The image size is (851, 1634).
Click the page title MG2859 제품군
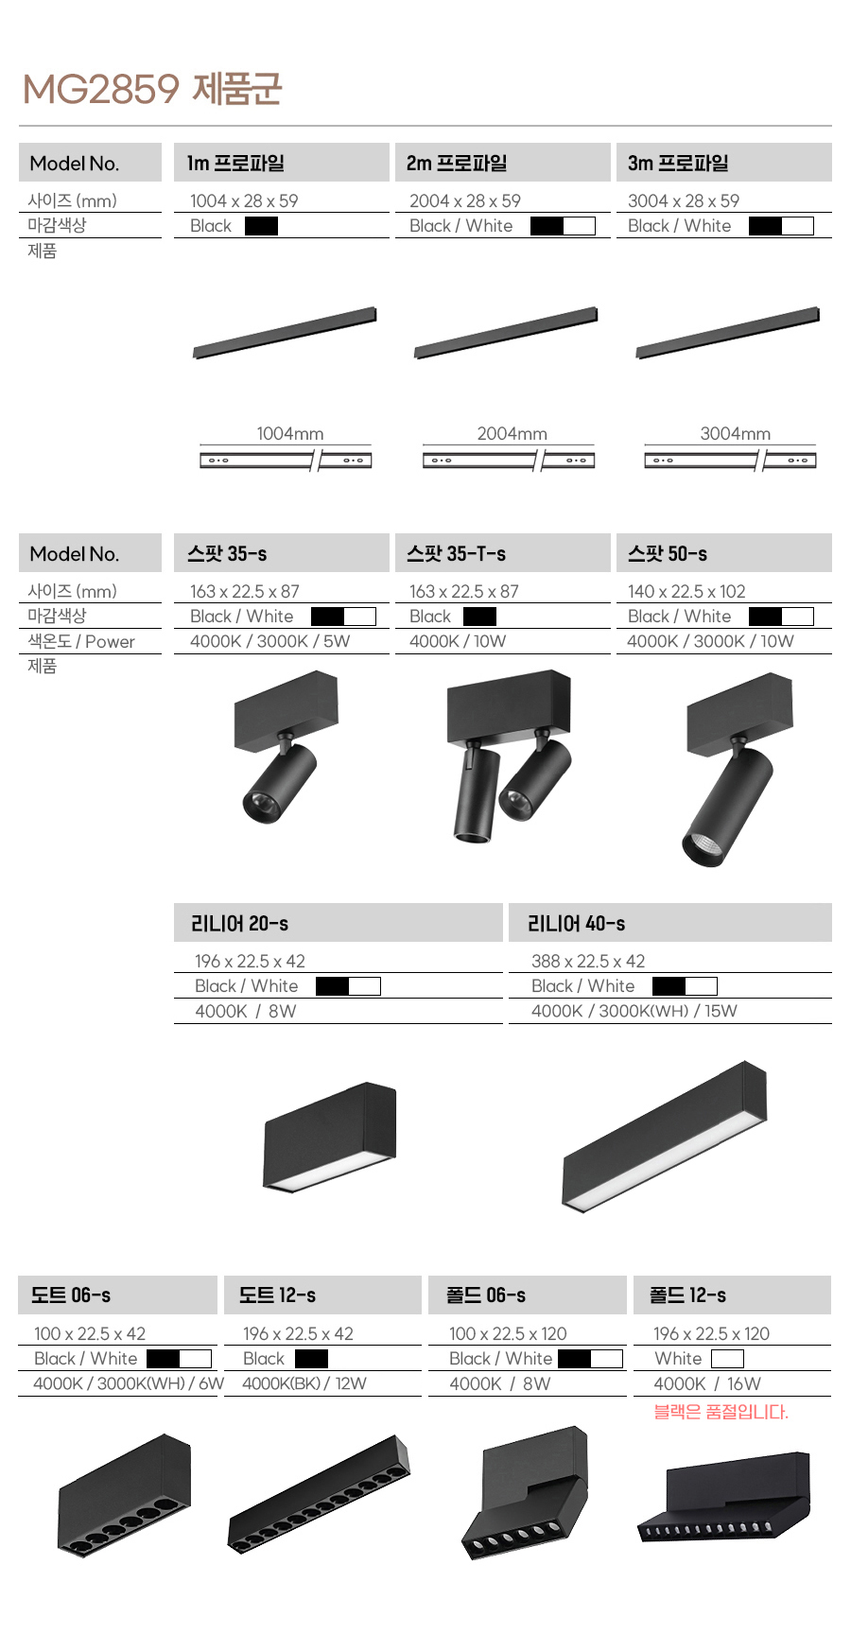tap(152, 89)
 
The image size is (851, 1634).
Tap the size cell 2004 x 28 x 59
tap(465, 200)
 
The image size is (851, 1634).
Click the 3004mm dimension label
tap(735, 433)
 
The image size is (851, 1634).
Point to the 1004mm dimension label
tap(290, 433)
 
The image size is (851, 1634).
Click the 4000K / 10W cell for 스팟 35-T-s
tap(458, 641)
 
